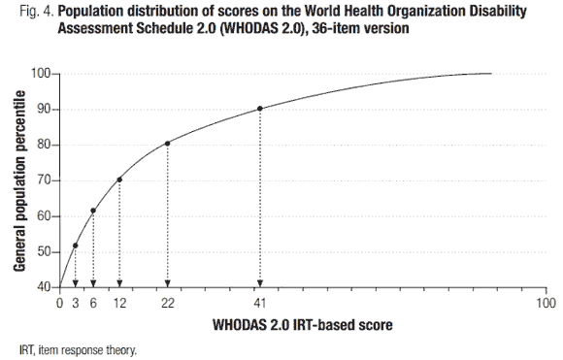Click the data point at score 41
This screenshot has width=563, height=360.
click(x=259, y=109)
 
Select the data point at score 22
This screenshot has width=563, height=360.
click(x=167, y=144)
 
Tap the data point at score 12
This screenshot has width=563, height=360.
click(x=119, y=180)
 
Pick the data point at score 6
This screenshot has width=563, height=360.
click(x=93, y=211)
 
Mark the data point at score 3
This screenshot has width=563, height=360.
click(x=76, y=245)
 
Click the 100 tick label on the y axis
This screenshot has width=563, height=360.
click(x=40, y=74)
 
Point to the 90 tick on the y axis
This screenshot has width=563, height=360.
click(x=43, y=110)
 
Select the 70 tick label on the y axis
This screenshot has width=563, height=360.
click(x=43, y=180)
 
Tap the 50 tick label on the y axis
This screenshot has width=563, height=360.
click(x=43, y=251)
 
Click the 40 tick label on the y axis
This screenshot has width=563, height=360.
click(x=43, y=287)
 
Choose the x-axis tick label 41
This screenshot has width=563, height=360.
click(x=259, y=303)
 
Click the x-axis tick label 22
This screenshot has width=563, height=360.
click(x=167, y=303)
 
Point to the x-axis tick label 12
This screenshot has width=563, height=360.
click(x=119, y=303)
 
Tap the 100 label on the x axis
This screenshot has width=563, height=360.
click(x=546, y=303)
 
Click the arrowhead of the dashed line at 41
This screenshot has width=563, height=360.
click(x=259, y=283)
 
